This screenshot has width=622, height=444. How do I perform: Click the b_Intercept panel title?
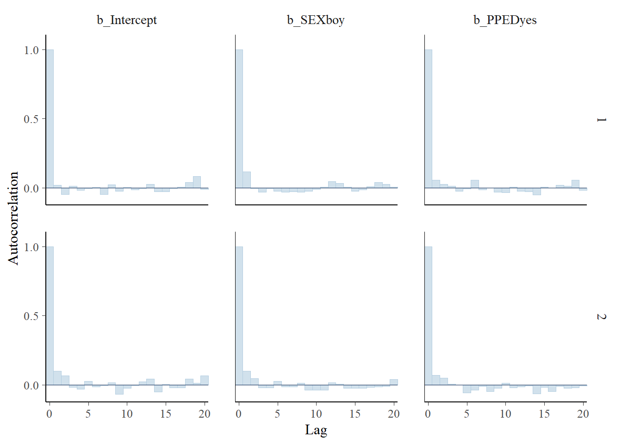click(127, 20)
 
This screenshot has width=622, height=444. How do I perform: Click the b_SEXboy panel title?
click(316, 20)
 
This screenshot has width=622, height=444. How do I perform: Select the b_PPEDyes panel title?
click(505, 20)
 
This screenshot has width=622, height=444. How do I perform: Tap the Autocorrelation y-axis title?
click(13, 218)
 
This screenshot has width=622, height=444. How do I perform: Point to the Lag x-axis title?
click(316, 430)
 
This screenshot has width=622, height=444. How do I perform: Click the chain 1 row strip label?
click(601, 120)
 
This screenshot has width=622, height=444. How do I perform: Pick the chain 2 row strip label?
click(601, 317)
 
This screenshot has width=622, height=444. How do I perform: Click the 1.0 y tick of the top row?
click(31, 50)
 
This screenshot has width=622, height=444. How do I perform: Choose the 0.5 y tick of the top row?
click(31, 119)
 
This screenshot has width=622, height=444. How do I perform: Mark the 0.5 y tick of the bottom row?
click(31, 316)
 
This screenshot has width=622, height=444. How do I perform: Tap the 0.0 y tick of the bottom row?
click(31, 385)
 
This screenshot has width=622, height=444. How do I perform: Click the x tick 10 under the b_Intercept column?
click(127, 414)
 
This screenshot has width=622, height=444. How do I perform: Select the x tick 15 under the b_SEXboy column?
click(355, 414)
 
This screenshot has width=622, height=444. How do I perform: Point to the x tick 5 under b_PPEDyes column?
click(466, 414)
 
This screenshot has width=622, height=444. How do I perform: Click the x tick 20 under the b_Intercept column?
click(205, 414)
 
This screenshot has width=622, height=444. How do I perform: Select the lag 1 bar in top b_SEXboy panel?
click(247, 180)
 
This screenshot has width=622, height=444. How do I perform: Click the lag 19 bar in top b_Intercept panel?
click(197, 182)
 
